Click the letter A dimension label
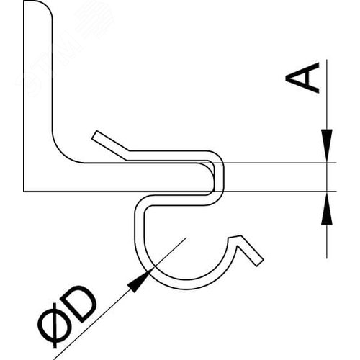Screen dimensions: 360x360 303,78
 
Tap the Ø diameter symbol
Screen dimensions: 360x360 55,325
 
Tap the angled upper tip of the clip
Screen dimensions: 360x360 95,135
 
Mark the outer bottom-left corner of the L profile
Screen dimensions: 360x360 24,192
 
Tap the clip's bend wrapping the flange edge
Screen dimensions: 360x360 218,178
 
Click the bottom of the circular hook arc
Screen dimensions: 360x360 187,284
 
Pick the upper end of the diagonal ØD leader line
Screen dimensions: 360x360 186,238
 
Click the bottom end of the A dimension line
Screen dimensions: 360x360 327,258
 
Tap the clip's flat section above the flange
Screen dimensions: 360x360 168,156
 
